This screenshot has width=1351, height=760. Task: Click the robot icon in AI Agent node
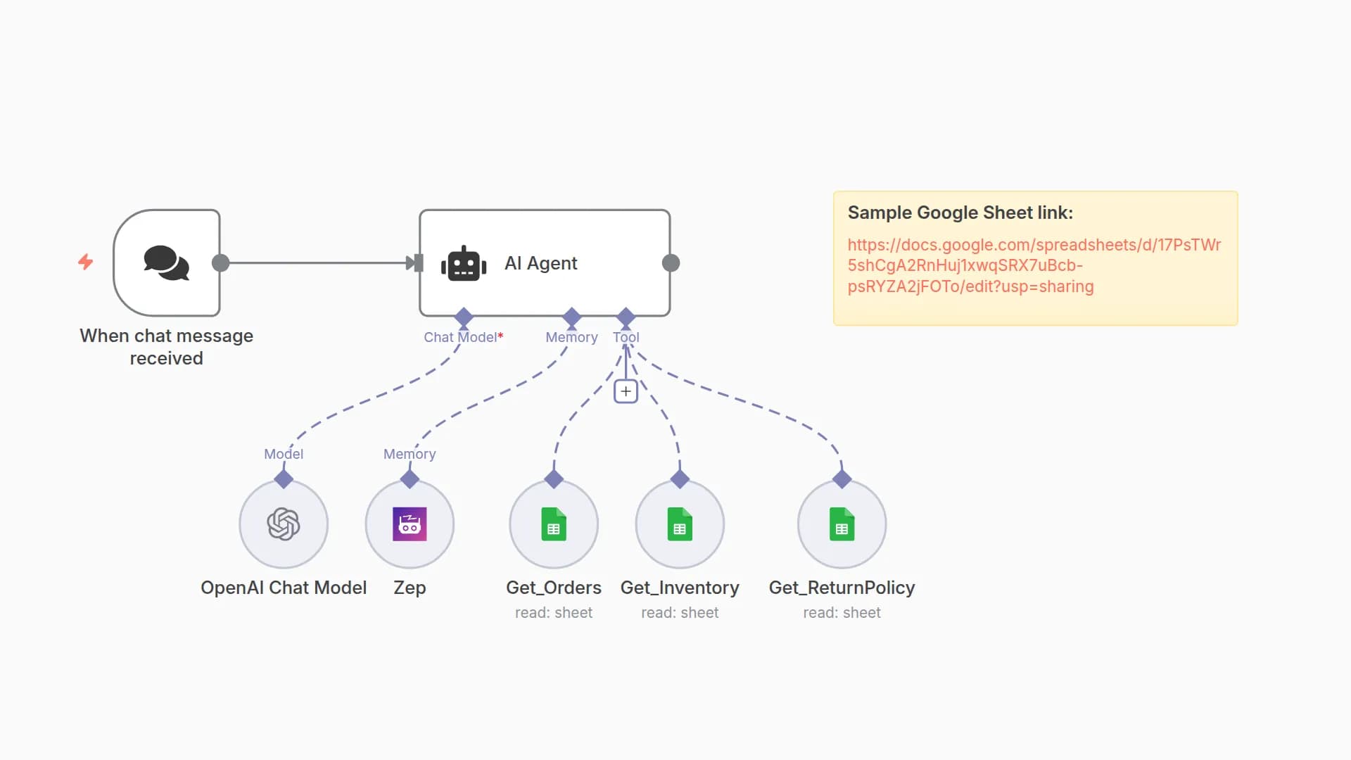(464, 264)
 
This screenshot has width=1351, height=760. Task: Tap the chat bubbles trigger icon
(167, 262)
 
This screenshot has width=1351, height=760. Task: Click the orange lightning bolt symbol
(85, 262)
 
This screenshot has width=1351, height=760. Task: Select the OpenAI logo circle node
(284, 524)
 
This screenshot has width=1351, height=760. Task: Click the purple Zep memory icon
(410, 524)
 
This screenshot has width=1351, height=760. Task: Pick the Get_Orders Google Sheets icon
(554, 524)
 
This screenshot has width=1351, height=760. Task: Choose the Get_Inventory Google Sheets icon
(680, 524)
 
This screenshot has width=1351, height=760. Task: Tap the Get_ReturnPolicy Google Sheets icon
(842, 524)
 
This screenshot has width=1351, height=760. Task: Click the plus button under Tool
(626, 391)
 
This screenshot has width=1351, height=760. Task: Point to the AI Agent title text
(540, 263)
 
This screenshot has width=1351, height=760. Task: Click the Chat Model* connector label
(463, 337)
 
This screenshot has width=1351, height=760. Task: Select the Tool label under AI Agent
(626, 337)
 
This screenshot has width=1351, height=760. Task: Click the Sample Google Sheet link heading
(960, 213)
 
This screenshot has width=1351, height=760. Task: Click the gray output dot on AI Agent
(671, 263)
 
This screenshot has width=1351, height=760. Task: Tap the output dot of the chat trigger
(220, 263)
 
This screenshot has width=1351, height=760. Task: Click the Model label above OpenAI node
(284, 454)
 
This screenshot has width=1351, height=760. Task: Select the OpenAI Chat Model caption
(284, 588)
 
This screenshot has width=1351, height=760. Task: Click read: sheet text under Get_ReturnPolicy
(842, 613)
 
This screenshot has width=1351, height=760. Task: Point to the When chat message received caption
(167, 347)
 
